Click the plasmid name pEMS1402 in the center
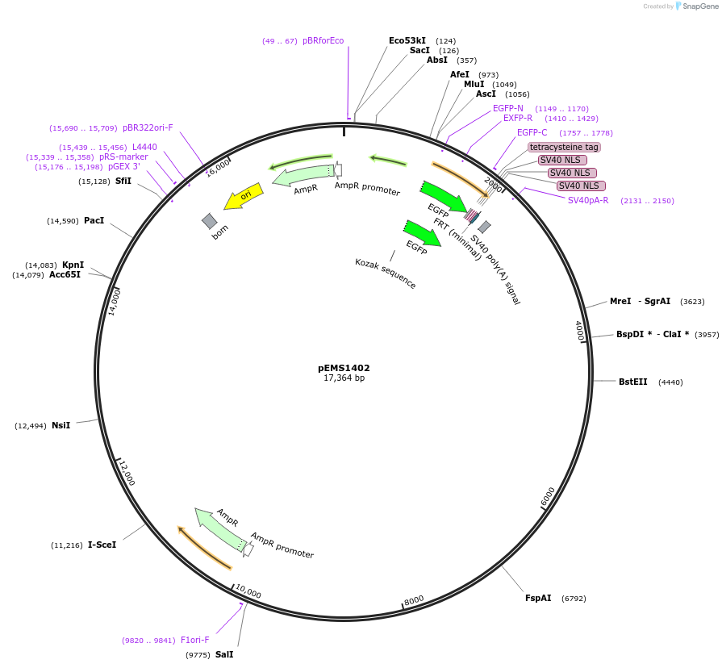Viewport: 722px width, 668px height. click(x=344, y=368)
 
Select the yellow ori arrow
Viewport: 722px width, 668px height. click(x=243, y=197)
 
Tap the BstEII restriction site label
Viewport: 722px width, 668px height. click(x=632, y=382)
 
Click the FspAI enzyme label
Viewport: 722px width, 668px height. click(x=538, y=598)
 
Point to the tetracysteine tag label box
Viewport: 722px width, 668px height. click(x=564, y=147)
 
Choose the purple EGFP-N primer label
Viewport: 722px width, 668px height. click(x=508, y=108)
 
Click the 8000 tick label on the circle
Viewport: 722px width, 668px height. click(x=414, y=600)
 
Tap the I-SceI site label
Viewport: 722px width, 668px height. click(x=102, y=545)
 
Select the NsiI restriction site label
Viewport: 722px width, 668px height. click(x=61, y=425)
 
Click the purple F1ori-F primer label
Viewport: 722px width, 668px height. click(x=195, y=640)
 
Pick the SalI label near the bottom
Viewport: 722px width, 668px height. click(x=224, y=654)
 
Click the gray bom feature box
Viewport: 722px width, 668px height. click(x=210, y=220)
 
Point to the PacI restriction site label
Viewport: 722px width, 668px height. click(x=94, y=220)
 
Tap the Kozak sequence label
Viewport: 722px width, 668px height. click(x=386, y=273)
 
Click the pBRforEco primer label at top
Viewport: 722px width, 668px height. click(x=323, y=40)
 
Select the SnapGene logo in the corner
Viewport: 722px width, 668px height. click(x=696, y=6)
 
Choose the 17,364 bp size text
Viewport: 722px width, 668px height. click(x=344, y=378)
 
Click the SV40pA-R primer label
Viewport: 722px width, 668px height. click(x=588, y=200)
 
